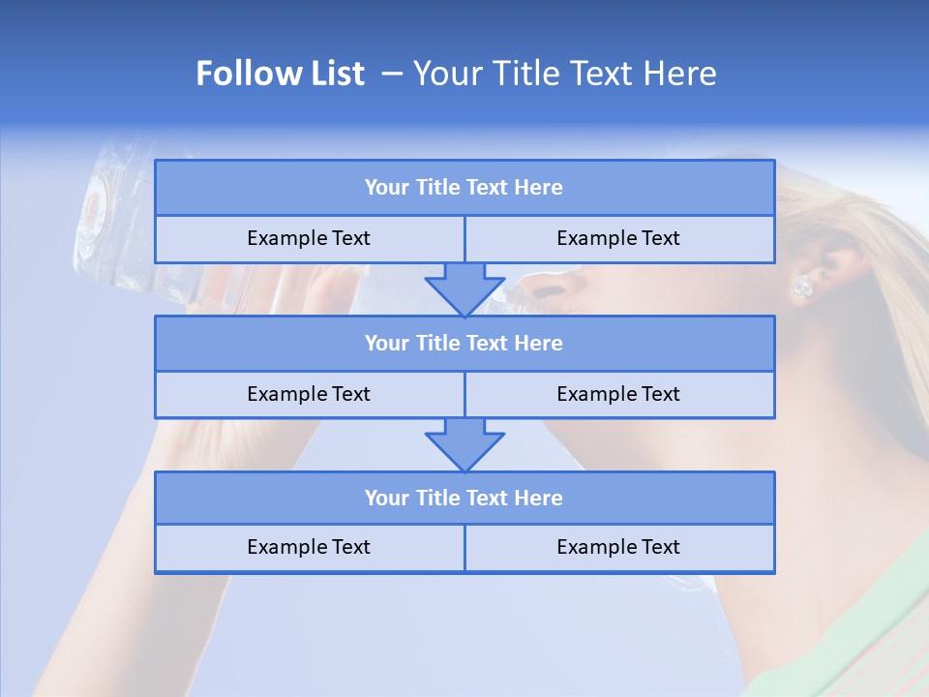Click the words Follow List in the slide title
[x=281, y=74]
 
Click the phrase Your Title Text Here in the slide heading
[x=564, y=74]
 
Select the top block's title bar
[x=464, y=188]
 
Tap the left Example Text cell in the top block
[x=309, y=238]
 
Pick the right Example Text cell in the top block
[x=618, y=238]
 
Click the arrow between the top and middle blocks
[x=464, y=288]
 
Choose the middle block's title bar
[x=464, y=343]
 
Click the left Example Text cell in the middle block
[x=309, y=394]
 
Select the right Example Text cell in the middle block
[x=618, y=394]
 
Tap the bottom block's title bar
[x=464, y=498]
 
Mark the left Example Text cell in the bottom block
[x=309, y=547]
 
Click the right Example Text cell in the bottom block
[x=618, y=547]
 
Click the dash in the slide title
[x=392, y=74]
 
